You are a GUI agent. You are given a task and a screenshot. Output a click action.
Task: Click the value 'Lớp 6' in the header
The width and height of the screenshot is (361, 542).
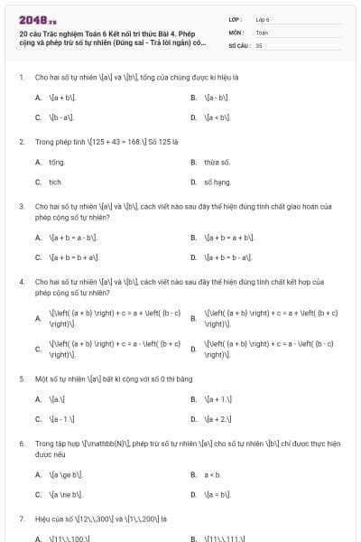click(263, 18)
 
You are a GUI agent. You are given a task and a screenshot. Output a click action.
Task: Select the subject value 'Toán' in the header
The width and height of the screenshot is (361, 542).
click(262, 32)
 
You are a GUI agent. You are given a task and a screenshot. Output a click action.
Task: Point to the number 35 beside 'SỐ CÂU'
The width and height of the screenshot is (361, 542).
click(259, 44)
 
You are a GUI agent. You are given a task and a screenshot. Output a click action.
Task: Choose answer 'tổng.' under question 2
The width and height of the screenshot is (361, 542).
click(57, 162)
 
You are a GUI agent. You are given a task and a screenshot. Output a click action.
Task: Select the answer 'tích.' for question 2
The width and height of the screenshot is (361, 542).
click(56, 182)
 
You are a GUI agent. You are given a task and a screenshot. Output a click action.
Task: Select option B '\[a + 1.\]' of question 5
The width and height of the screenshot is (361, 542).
click(219, 398)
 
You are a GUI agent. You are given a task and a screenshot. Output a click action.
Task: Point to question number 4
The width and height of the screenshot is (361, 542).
click(22, 282)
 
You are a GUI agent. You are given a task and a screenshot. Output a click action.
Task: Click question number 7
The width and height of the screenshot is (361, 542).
click(22, 519)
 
